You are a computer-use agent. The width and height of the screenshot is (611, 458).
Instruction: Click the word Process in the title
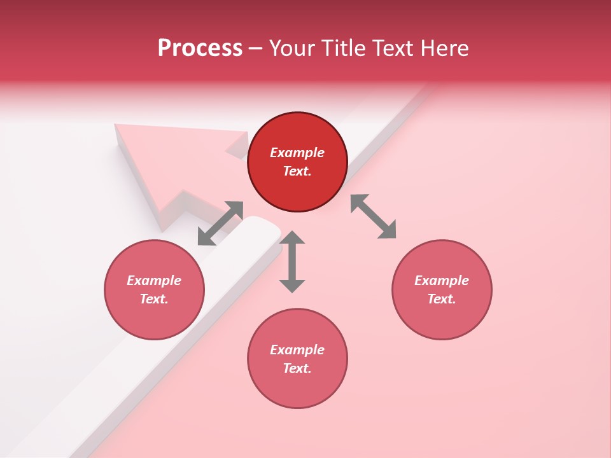200,48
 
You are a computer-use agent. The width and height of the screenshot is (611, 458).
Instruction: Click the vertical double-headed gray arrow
292,261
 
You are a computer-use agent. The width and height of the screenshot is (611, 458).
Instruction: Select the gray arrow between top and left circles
220,223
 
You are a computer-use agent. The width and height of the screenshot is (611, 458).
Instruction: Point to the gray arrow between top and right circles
374,216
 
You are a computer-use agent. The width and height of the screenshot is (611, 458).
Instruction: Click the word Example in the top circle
297,153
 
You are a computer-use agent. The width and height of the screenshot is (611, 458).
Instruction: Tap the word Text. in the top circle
297,171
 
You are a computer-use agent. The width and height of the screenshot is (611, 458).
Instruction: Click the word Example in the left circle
154,281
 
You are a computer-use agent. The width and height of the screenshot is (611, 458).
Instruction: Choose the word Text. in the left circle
154,299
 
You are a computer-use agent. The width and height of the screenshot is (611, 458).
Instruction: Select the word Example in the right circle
442,281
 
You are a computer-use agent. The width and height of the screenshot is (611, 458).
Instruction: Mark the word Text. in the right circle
442,299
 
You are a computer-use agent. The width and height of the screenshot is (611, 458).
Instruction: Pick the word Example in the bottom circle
297,350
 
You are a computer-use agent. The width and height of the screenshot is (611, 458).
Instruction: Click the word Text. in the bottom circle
297,368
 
